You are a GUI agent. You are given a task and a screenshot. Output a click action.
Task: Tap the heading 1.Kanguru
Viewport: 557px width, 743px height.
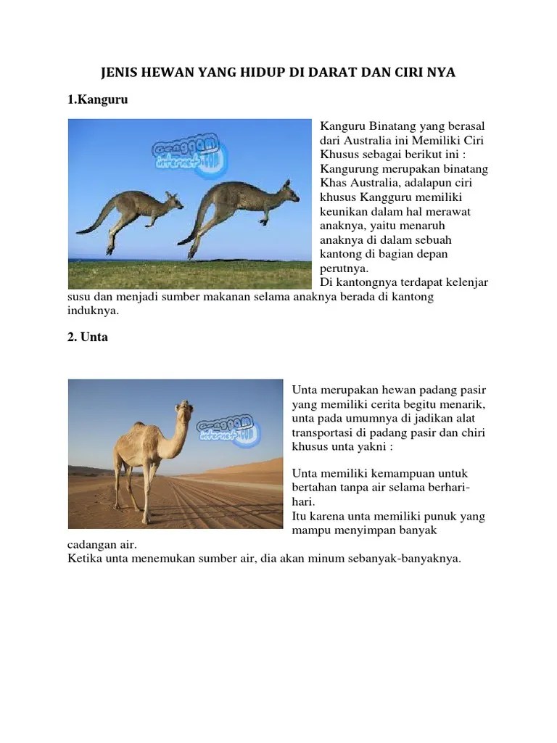[x=97, y=100]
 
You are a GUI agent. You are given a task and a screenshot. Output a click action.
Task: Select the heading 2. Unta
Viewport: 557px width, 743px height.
[x=88, y=337]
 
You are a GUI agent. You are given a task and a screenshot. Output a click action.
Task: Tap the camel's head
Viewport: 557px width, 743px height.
[x=184, y=410]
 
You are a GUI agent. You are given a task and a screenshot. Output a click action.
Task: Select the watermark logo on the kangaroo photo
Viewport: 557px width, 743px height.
[x=191, y=156]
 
